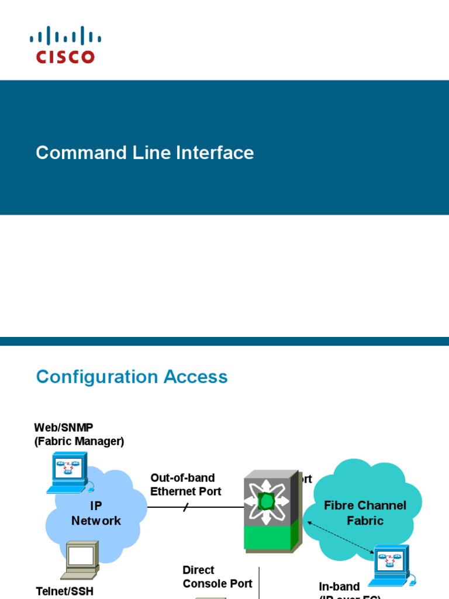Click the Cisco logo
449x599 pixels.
click(x=65, y=44)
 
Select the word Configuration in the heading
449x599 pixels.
click(x=98, y=377)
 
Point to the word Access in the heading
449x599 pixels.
click(x=196, y=377)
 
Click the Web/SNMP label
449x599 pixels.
click(x=64, y=428)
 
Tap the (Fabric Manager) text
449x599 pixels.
click(x=79, y=442)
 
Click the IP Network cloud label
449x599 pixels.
click(x=96, y=513)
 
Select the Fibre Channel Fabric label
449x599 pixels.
click(x=365, y=513)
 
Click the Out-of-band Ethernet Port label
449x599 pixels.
click(x=185, y=485)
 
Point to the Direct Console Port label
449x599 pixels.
click(x=217, y=577)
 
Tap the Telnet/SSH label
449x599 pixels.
click(x=65, y=591)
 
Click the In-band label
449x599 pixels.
click(x=339, y=587)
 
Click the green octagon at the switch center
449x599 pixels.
click(x=267, y=501)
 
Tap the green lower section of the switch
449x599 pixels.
click(x=267, y=537)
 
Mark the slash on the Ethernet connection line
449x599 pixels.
click(x=186, y=508)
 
